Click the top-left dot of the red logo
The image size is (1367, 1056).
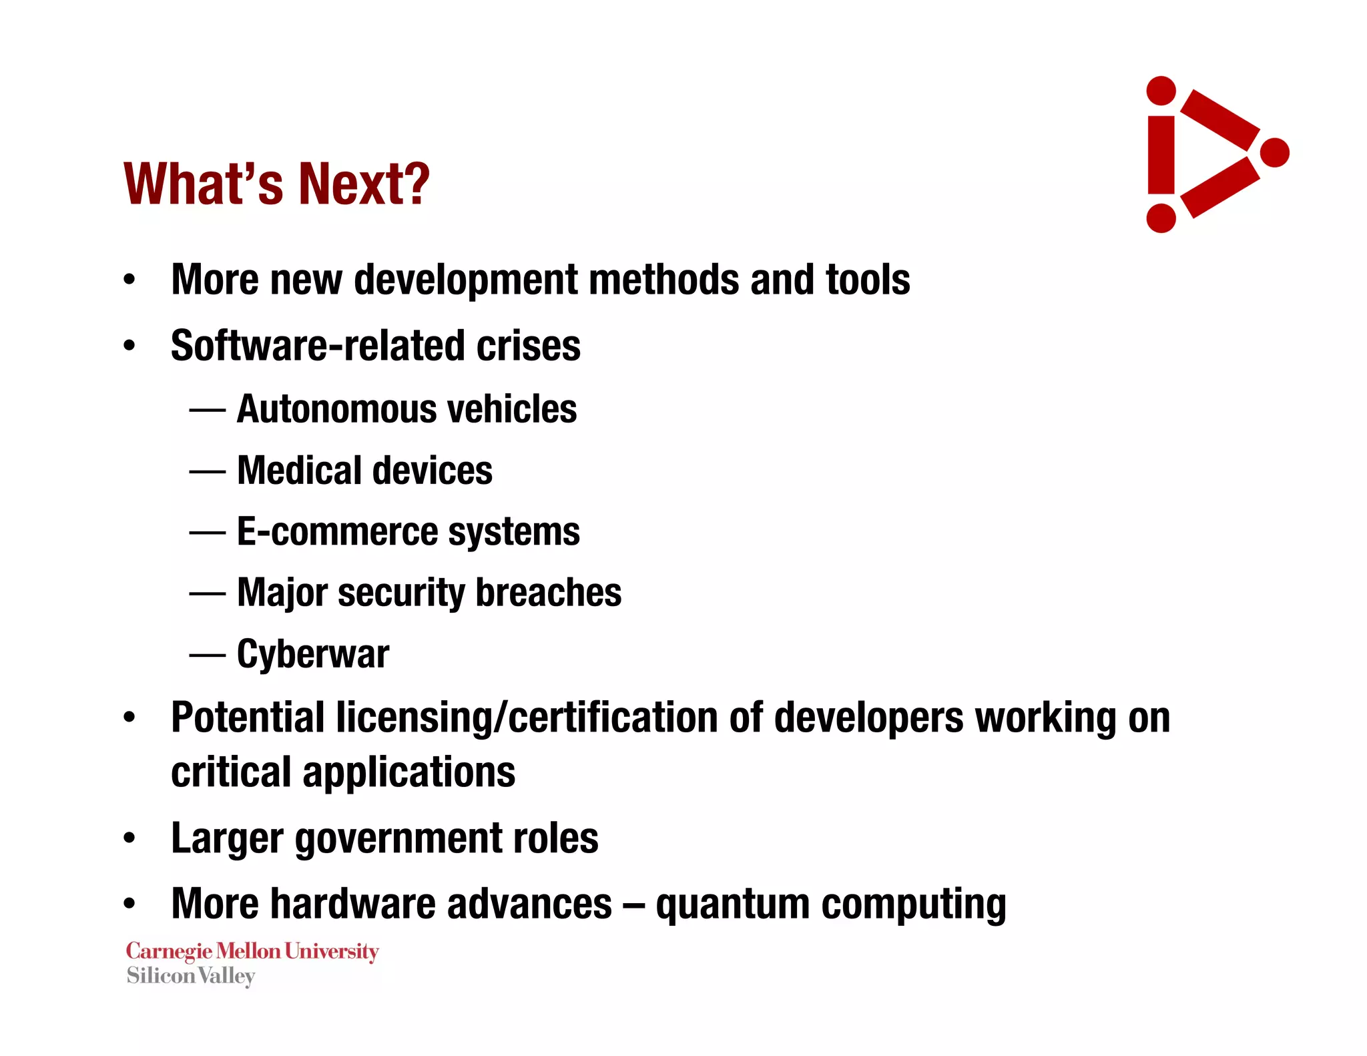pyautogui.click(x=1161, y=91)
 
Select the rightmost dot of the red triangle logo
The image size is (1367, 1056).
pyautogui.click(x=1274, y=153)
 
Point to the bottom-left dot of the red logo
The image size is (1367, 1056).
pyautogui.click(x=1161, y=218)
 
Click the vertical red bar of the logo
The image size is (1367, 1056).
pyautogui.click(x=1161, y=155)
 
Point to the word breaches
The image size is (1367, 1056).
pyautogui.click(x=548, y=593)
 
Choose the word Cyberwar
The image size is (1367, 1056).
pyautogui.click(x=313, y=654)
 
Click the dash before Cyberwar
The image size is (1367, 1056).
pyautogui.click(x=207, y=655)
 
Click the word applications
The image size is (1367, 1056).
pyautogui.click(x=408, y=772)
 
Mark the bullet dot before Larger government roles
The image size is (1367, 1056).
pyautogui.click(x=129, y=838)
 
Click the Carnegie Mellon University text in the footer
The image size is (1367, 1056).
pyautogui.click(x=252, y=951)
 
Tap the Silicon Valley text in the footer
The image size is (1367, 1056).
pyautogui.click(x=191, y=976)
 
